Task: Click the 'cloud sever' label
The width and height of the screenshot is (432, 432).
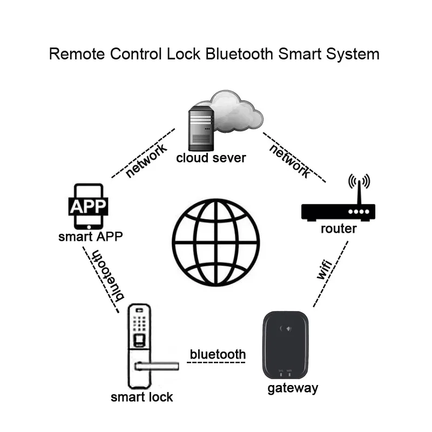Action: [x=211, y=158]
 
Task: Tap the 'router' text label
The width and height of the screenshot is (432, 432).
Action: [x=339, y=228]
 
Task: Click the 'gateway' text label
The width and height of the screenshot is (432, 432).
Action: [x=293, y=388]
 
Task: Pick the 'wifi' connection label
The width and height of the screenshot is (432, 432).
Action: [x=323, y=268]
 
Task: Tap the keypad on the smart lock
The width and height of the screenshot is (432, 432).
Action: [x=139, y=325]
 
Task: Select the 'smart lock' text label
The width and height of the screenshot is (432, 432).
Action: [x=141, y=397]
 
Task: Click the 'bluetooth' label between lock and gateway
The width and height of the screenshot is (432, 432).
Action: [x=218, y=354]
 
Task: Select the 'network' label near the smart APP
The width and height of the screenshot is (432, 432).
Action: [x=146, y=160]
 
